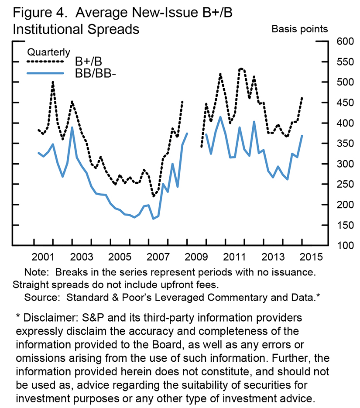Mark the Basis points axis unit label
[299, 29]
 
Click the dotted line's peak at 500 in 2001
[53, 82]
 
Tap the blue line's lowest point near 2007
[153, 218]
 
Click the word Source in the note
[41, 298]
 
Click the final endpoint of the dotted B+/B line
[302, 98]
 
